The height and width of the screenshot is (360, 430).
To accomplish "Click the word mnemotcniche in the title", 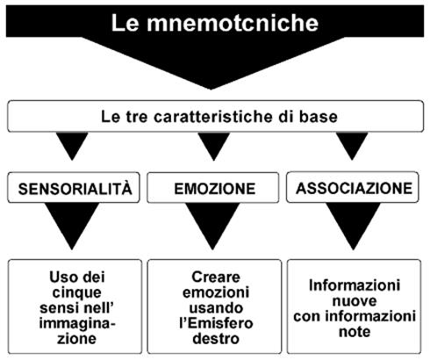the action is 233,23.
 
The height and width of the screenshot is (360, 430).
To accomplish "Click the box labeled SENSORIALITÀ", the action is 74,188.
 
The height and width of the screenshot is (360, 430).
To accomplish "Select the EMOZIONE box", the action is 213,188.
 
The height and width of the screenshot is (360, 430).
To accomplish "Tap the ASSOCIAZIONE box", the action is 353,187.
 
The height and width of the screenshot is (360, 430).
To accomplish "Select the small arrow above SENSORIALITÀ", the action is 72,146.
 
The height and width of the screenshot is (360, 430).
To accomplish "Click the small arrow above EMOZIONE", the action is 213,146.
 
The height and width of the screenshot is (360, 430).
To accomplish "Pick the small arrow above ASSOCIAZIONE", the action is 352,146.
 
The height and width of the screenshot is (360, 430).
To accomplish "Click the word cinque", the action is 77,292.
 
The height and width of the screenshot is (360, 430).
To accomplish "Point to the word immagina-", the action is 77,324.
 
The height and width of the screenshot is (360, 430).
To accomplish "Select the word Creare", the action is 216,277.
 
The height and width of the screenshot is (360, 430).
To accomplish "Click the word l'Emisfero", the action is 216,323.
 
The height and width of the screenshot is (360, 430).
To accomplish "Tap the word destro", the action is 216,339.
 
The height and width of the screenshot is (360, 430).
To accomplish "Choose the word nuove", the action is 355,301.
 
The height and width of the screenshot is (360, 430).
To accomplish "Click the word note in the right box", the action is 355,332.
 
